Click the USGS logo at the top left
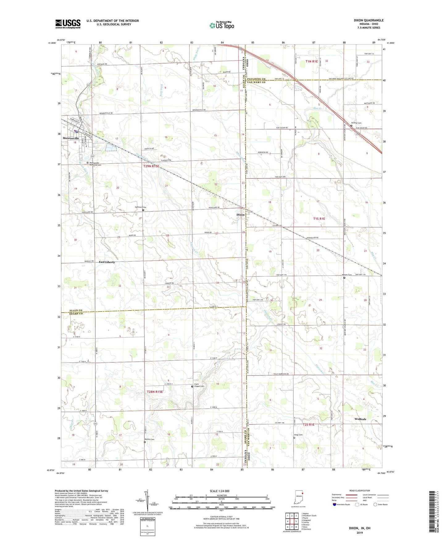click(68, 24)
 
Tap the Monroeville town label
click(71, 138)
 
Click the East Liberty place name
click(107, 262)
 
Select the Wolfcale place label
click(360, 419)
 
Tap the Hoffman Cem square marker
click(143, 210)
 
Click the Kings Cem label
click(298, 435)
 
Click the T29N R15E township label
click(151, 166)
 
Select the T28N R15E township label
click(155, 392)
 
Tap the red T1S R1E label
click(319, 219)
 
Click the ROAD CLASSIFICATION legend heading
click(360, 491)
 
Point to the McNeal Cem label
click(357, 123)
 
